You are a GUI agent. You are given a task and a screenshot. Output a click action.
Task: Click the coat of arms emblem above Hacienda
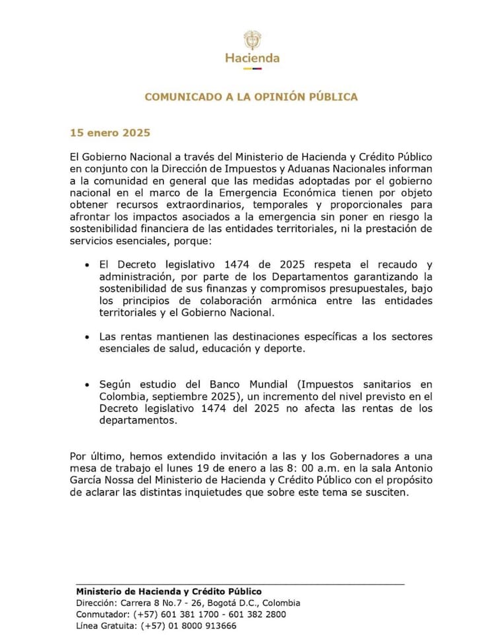click(x=252, y=38)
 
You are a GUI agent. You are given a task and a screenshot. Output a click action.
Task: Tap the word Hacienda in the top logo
click(x=252, y=58)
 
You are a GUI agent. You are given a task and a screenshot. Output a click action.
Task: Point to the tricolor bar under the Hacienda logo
click(x=252, y=67)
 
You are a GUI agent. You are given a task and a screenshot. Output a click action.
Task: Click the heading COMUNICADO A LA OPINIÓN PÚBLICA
click(x=251, y=96)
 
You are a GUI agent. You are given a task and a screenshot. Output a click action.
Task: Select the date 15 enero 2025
click(x=111, y=133)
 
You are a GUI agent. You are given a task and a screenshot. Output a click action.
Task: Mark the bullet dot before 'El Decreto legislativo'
click(x=87, y=264)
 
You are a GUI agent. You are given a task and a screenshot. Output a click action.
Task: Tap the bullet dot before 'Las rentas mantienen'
click(x=87, y=337)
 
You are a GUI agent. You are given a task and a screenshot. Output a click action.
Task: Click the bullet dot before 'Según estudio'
click(x=87, y=384)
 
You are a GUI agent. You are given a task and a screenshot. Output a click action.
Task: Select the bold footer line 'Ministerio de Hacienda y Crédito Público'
click(x=169, y=591)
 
